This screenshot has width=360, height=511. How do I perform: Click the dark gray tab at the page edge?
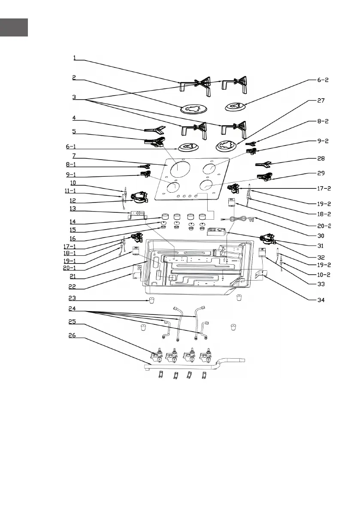(x=14, y=27)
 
